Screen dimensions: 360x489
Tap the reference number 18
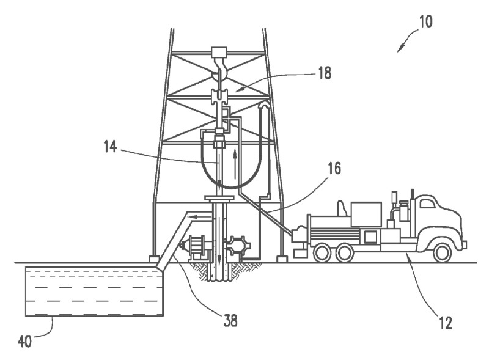click(325, 74)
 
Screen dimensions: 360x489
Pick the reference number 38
click(230, 318)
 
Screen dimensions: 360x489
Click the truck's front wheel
click(441, 251)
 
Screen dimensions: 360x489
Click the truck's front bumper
click(464, 244)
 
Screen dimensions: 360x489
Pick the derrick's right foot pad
click(282, 259)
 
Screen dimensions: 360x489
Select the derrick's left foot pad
click(154, 259)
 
